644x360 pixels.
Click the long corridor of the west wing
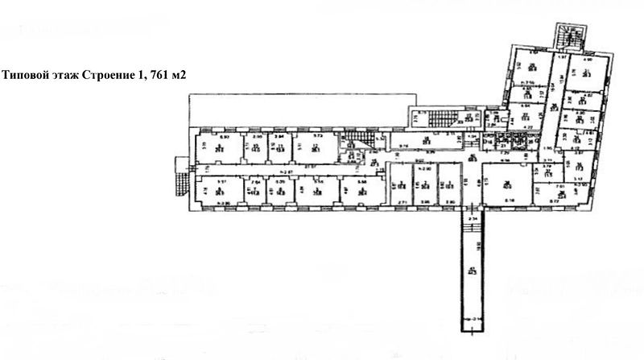pos(282,169)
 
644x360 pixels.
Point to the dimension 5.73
pos(317,137)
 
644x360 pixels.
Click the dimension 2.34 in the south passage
pos(474,219)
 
